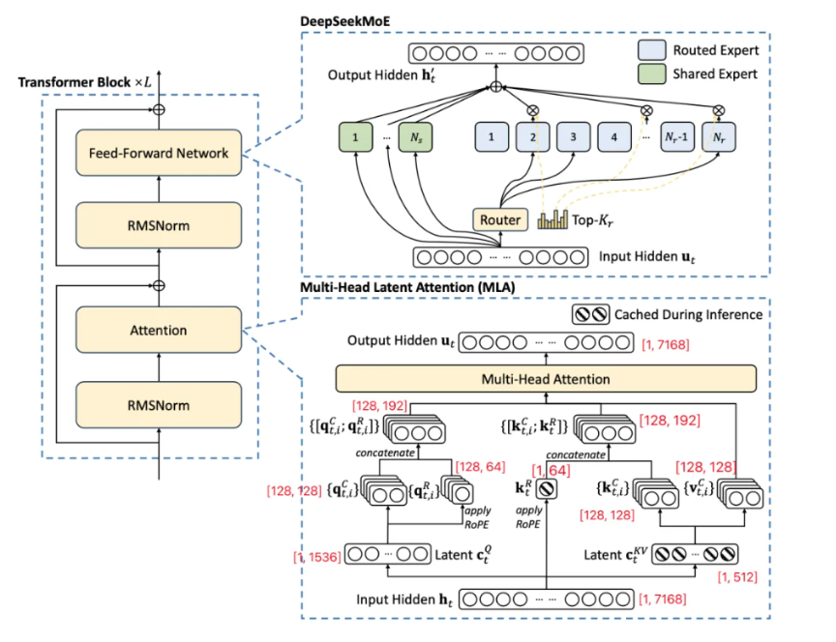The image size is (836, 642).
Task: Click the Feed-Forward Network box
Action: (x=159, y=153)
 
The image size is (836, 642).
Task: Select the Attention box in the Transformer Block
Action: (x=159, y=330)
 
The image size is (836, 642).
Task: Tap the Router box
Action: (x=500, y=220)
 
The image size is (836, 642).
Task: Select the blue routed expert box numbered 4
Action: (x=615, y=138)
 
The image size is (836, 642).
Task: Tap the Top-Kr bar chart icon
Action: (x=552, y=220)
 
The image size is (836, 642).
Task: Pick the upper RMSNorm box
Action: (x=159, y=226)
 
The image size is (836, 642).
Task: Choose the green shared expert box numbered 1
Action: (x=356, y=138)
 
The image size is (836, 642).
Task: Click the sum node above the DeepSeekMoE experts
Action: (x=496, y=87)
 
